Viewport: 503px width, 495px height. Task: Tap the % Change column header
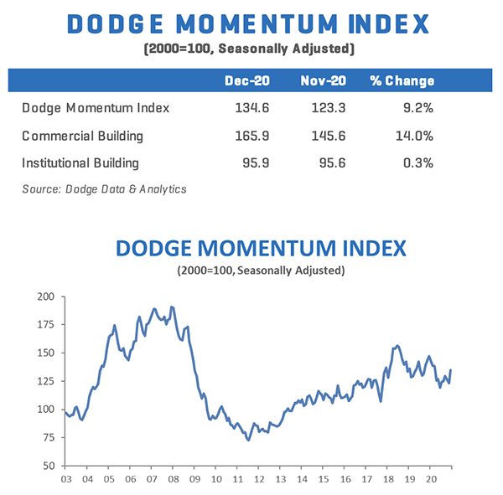[x=402, y=81]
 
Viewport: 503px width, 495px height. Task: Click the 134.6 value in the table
[x=248, y=107]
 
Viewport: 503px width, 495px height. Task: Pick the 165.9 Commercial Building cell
[x=248, y=135]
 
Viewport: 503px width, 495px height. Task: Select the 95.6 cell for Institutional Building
[x=324, y=162]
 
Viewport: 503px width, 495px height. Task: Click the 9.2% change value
[x=418, y=107]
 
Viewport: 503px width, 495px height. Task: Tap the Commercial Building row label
[x=83, y=135]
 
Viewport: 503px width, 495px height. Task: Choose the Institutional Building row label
[x=80, y=162]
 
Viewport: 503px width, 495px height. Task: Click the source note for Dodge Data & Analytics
[x=104, y=188]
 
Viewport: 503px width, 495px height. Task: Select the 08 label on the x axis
[x=174, y=479]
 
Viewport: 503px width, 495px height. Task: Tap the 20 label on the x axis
[x=430, y=479]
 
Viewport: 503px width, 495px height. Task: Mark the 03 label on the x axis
[x=66, y=479]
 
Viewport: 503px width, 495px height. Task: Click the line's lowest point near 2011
[x=247, y=440]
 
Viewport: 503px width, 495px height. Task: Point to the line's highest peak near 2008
[x=172, y=307]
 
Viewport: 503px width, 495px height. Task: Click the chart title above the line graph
[x=261, y=249]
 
